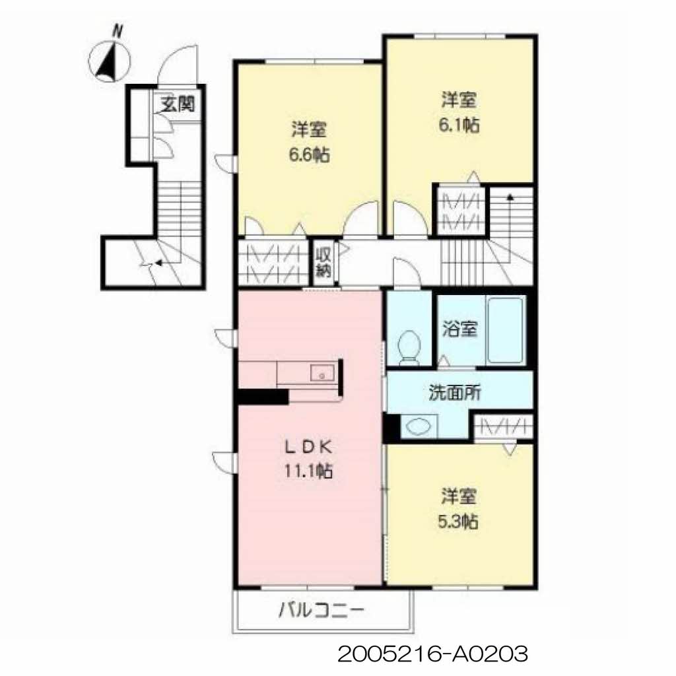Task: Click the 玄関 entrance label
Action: (178, 104)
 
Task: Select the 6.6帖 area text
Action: (309, 154)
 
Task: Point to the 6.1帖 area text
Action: (459, 125)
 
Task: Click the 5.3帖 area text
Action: (458, 522)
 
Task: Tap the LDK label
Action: (308, 448)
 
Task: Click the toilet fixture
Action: (409, 348)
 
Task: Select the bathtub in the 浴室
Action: (505, 331)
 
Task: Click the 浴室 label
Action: (459, 329)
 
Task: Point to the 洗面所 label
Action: (455, 392)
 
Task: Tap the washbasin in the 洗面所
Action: (419, 426)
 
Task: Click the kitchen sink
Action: (322, 373)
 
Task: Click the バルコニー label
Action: (321, 611)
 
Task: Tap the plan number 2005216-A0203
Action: (432, 654)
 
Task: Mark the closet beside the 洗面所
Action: (504, 428)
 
